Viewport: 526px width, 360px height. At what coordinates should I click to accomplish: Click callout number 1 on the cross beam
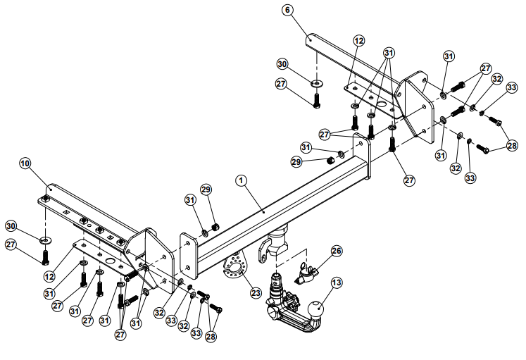(241, 180)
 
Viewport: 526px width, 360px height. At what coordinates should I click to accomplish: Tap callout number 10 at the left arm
(25, 163)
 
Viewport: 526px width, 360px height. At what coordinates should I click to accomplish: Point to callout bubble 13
(336, 283)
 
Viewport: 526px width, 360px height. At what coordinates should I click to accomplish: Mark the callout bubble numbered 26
(336, 250)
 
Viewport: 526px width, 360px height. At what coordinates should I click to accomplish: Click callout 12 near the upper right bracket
(359, 42)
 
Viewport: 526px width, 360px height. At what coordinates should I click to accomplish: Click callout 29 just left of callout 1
(206, 190)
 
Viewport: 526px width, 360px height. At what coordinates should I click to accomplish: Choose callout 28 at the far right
(512, 147)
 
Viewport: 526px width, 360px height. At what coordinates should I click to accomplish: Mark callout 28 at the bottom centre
(211, 337)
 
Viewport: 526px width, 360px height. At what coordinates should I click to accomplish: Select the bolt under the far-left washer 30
(46, 254)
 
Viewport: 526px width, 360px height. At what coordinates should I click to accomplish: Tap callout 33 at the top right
(511, 88)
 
